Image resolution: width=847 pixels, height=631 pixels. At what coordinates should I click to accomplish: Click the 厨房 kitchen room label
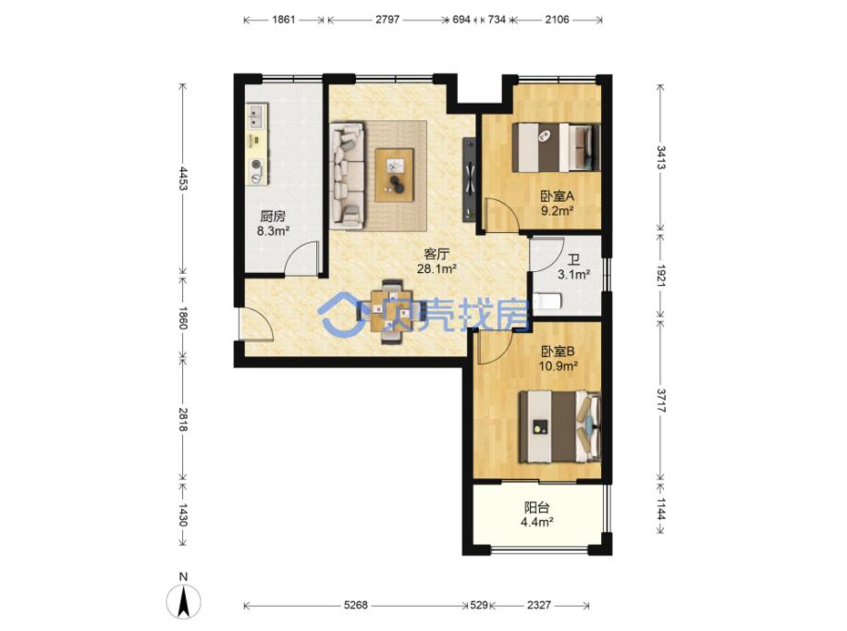click(x=272, y=217)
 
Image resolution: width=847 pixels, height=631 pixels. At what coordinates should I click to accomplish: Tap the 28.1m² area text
click(x=437, y=268)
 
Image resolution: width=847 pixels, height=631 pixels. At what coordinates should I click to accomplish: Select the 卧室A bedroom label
click(x=557, y=196)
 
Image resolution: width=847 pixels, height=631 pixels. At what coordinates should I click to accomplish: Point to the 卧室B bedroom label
click(x=558, y=352)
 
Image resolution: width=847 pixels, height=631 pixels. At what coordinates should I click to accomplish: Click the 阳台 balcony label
click(x=537, y=507)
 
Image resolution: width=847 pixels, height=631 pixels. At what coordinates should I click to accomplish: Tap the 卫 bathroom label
click(x=573, y=261)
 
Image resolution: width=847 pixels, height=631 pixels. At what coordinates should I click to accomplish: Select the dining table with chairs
click(x=391, y=312)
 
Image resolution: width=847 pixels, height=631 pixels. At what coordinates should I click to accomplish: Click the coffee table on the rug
click(x=395, y=175)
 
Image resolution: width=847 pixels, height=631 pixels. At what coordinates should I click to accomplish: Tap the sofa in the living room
click(x=347, y=175)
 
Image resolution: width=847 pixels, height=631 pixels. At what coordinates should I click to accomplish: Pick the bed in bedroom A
click(x=556, y=148)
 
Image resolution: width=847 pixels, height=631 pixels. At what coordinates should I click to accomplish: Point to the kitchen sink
click(x=256, y=118)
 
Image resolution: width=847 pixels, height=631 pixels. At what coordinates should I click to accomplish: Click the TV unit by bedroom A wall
click(x=470, y=179)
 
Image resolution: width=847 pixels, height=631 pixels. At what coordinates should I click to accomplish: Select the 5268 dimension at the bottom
click(x=355, y=605)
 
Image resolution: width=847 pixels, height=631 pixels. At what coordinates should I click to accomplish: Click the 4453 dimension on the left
click(x=183, y=179)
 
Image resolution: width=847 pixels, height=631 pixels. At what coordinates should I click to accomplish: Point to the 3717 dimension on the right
click(x=660, y=400)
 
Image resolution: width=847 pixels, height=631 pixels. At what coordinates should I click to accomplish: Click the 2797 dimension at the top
click(x=387, y=20)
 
